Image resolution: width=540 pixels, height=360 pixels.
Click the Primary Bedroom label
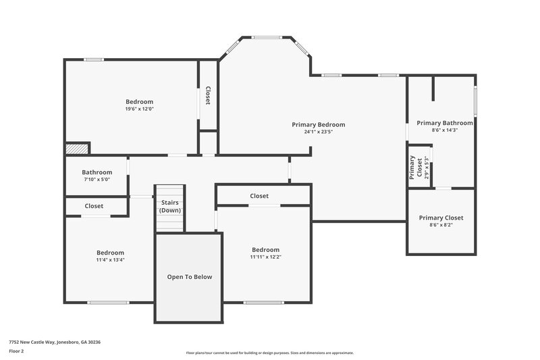(x=318, y=124)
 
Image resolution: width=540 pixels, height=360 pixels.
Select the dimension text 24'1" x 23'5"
(x=318, y=132)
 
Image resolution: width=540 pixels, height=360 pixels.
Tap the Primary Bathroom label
(x=444, y=123)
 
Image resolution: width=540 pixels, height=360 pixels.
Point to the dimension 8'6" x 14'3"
(x=444, y=130)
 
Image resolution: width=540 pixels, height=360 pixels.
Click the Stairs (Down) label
(x=169, y=207)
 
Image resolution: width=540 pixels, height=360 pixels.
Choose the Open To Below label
(x=189, y=277)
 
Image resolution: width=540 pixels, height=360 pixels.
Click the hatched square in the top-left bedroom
(x=77, y=148)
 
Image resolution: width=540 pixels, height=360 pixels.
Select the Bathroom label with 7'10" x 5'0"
(x=97, y=172)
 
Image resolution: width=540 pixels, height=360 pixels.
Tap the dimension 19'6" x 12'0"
(x=139, y=109)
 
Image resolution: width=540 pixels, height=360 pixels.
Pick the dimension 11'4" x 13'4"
(x=110, y=259)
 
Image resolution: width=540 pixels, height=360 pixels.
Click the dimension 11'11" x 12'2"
(x=265, y=257)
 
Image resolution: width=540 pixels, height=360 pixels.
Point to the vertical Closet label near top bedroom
(x=208, y=95)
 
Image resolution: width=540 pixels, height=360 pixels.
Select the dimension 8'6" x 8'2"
(x=441, y=225)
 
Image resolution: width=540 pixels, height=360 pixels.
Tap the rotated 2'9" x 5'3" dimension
(x=426, y=167)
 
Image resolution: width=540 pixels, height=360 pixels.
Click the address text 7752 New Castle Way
(x=55, y=342)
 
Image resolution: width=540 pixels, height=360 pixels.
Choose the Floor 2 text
(x=17, y=351)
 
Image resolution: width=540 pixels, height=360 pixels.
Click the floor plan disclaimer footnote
(x=269, y=353)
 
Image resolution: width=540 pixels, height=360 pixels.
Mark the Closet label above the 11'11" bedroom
(x=259, y=196)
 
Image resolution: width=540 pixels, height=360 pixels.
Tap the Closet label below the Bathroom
(x=94, y=206)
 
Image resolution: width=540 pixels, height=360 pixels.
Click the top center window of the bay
(x=267, y=37)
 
